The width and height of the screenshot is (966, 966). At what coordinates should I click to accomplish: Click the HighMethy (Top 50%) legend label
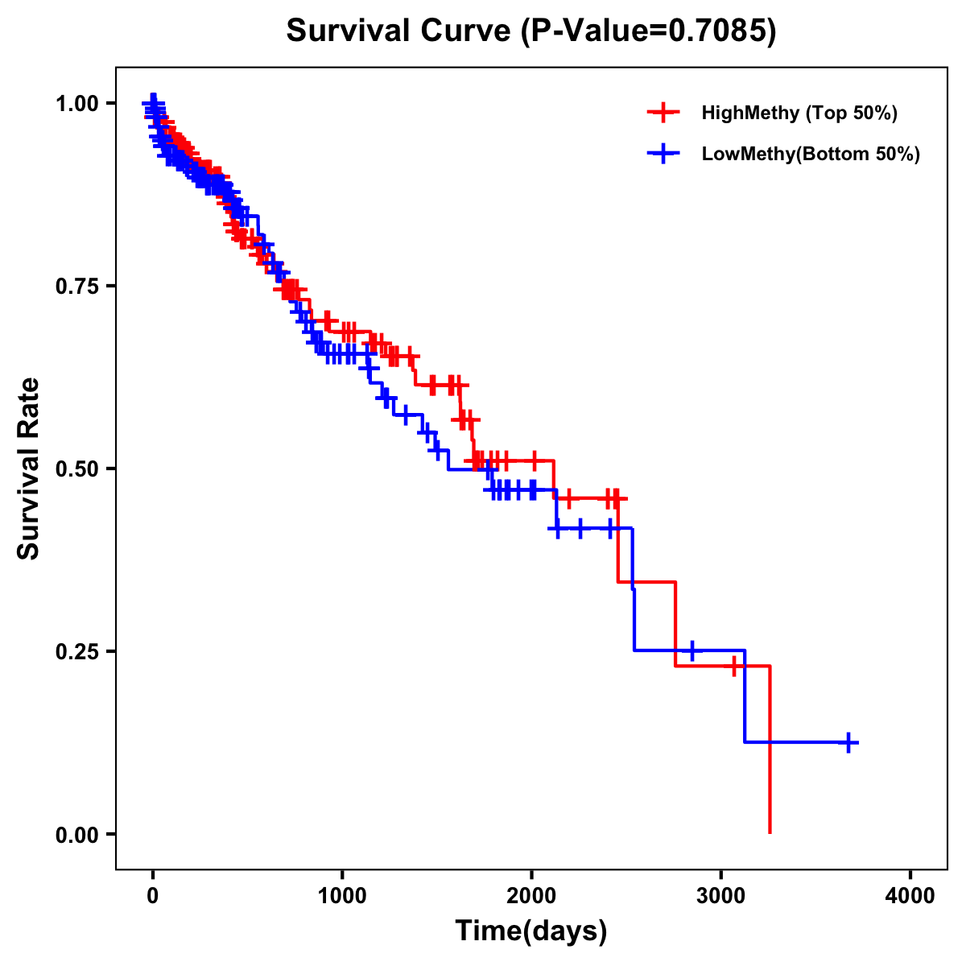click(x=799, y=113)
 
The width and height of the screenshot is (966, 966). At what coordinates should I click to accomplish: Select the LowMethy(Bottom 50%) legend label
click(x=811, y=154)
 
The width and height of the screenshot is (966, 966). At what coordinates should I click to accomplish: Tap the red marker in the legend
click(x=663, y=113)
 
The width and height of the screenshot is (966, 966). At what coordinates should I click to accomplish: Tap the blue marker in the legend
click(x=663, y=154)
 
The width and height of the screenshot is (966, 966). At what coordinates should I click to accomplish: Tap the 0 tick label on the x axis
click(x=153, y=895)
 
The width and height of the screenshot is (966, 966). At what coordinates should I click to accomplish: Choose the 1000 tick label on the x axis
click(x=342, y=895)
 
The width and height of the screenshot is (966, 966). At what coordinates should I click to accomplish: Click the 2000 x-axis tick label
click(x=531, y=895)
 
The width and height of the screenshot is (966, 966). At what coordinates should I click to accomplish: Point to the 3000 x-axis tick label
click(x=721, y=895)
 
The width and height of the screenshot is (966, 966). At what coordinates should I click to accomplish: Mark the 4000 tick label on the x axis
click(x=910, y=895)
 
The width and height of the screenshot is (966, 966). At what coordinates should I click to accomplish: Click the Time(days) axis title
click(x=531, y=931)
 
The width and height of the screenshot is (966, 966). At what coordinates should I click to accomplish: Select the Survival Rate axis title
click(x=29, y=469)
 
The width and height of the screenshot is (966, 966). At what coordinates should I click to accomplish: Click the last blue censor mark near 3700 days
click(x=848, y=742)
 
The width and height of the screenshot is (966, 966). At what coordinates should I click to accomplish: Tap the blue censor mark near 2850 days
click(x=691, y=650)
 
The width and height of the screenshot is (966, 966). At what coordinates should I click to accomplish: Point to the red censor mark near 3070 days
click(x=734, y=666)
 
